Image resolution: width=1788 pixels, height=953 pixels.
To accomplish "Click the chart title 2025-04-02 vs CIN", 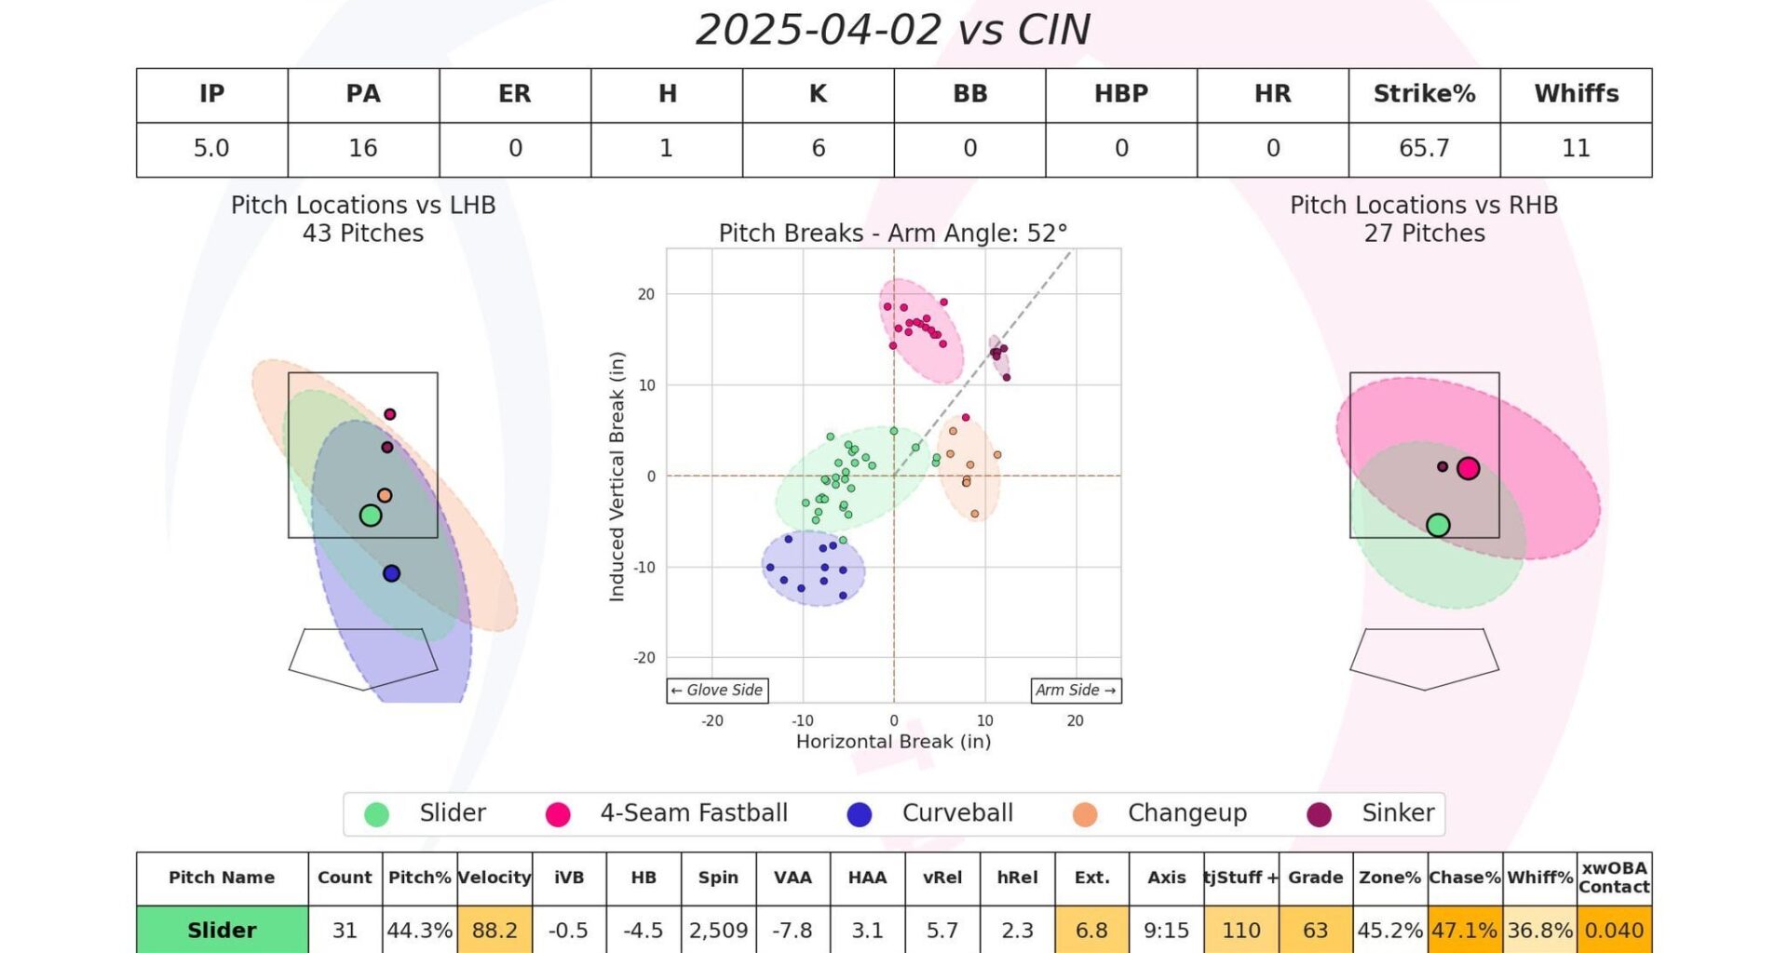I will click(x=893, y=30).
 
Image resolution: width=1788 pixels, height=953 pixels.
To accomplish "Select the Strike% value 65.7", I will click(x=1424, y=149).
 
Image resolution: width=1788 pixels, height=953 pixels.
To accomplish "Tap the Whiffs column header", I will click(x=1576, y=94).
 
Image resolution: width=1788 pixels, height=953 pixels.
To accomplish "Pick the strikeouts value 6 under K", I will click(x=818, y=149).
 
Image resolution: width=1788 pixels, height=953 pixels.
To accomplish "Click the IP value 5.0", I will click(x=211, y=149).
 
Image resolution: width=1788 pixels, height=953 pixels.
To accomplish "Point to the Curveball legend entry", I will click(x=956, y=813).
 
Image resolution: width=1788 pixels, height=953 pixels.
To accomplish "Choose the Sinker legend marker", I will click(x=1319, y=814).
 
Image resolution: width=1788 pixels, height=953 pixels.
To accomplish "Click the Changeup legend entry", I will click(x=1185, y=813).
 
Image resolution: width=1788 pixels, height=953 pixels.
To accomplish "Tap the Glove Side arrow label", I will click(x=717, y=691).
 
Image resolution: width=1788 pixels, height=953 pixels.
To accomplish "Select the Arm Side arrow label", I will click(x=1076, y=691).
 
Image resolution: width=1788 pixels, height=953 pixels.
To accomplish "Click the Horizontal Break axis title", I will click(x=893, y=742).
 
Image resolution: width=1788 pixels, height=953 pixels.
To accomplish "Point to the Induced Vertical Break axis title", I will click(x=616, y=476).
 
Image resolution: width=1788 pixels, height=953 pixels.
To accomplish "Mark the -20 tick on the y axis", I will click(x=645, y=658).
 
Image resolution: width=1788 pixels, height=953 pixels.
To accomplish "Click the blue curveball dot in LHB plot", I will click(x=391, y=573).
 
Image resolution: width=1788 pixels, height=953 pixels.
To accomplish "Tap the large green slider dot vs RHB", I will click(x=1438, y=525).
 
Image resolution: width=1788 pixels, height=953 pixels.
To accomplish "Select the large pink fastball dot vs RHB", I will click(x=1469, y=468).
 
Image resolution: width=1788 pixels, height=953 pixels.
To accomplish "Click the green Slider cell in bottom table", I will click(x=222, y=930).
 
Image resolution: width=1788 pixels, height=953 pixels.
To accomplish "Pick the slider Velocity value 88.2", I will click(x=494, y=930).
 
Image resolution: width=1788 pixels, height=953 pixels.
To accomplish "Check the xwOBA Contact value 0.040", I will click(x=1614, y=930).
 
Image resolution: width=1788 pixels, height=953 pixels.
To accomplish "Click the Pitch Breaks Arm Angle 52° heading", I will click(x=893, y=233).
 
